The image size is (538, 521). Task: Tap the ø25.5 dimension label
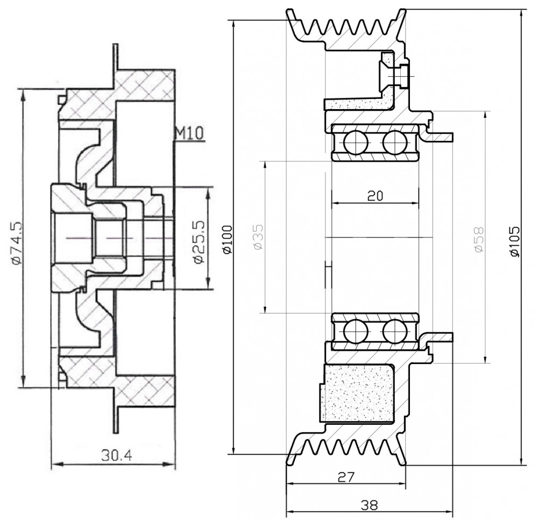coord(199,242)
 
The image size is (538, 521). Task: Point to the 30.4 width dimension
coord(117,455)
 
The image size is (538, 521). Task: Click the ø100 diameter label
coord(228,239)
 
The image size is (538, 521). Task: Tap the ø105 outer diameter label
coord(515,241)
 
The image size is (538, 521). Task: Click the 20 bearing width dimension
coord(375,196)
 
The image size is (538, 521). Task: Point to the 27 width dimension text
coord(346,477)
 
